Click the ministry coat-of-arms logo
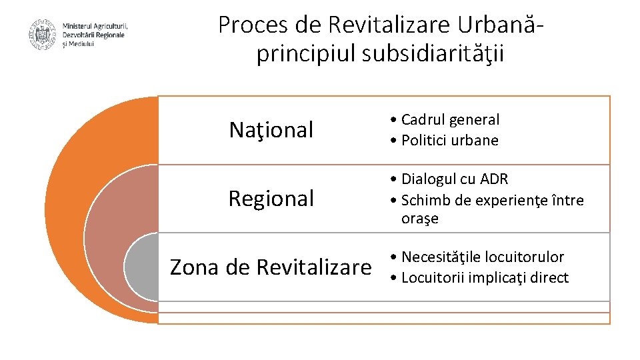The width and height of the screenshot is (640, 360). (x=43, y=35)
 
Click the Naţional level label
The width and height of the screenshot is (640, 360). (x=271, y=130)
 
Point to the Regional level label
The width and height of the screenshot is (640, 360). (x=271, y=199)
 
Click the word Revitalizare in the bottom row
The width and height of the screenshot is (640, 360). (x=313, y=267)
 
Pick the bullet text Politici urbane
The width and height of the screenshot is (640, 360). (x=450, y=141)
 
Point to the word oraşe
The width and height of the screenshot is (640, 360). (x=420, y=219)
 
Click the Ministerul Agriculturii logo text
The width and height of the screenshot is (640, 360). (x=94, y=35)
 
